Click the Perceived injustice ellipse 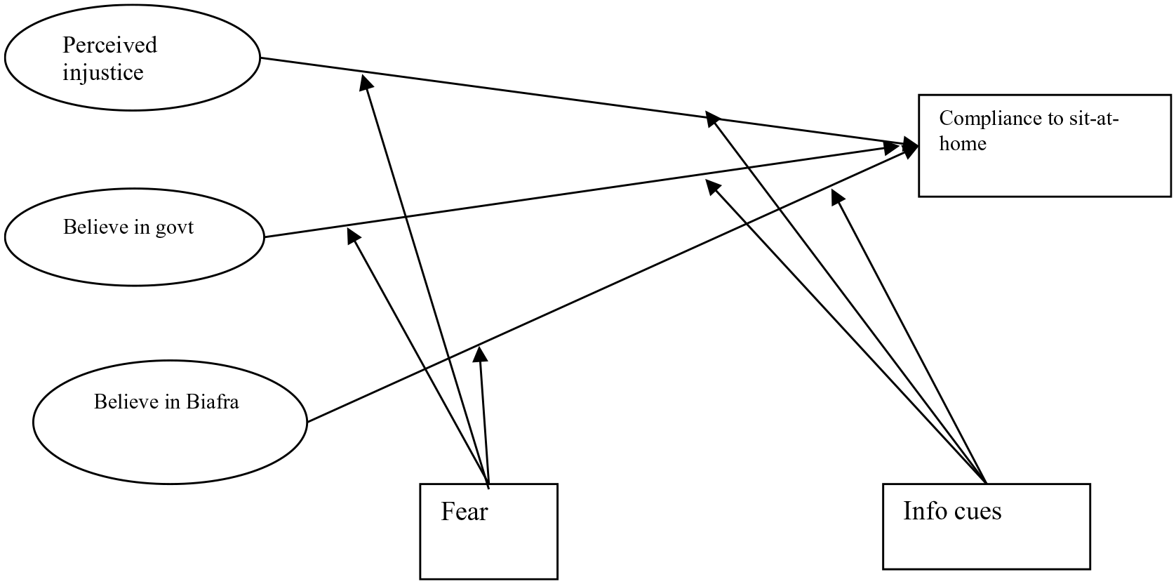133,58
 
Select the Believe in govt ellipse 135,237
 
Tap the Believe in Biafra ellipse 170,423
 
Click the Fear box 489,531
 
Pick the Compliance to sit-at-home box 1045,146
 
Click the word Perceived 109,45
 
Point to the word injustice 103,72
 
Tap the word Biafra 213,401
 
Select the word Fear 465,512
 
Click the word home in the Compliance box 963,143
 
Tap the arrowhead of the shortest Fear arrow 480,354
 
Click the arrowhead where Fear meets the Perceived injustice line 366,83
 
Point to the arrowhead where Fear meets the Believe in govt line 354,236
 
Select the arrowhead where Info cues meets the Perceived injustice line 712,119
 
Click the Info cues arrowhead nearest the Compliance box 838,198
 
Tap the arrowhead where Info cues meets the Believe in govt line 712,187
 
